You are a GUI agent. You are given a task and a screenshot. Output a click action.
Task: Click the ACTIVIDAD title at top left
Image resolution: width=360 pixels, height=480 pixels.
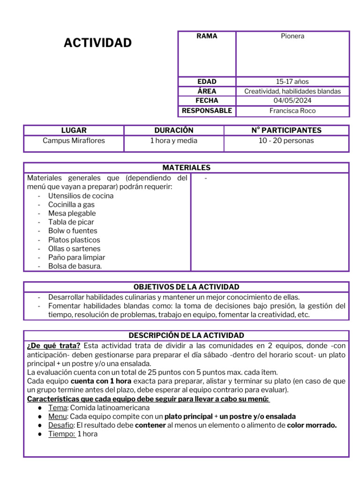[x=97, y=43]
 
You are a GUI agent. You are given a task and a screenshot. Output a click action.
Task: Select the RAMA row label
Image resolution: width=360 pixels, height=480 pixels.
[x=207, y=36]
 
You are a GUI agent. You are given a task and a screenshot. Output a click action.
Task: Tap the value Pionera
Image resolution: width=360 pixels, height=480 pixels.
[x=292, y=36]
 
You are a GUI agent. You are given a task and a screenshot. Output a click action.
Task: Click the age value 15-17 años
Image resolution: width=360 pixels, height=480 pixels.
[x=292, y=82]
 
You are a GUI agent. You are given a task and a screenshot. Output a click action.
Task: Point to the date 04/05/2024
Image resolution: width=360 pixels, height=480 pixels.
[x=292, y=101]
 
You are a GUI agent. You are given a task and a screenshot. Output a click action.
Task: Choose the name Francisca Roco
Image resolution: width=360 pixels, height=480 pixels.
[x=292, y=111]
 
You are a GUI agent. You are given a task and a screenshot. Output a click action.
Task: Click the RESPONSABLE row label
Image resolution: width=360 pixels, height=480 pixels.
[x=207, y=111]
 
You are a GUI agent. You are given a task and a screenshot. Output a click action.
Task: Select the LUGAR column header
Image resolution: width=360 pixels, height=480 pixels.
[x=74, y=130]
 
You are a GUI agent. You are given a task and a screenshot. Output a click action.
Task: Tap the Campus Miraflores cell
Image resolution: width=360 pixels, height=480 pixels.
[x=74, y=141]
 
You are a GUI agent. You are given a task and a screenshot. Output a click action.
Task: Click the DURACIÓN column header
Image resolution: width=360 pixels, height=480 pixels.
[x=173, y=130]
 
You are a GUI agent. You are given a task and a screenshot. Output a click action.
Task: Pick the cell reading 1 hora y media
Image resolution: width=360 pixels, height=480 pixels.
[x=173, y=141]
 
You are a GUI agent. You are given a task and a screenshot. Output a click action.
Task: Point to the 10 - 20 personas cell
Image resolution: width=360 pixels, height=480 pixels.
[x=286, y=141]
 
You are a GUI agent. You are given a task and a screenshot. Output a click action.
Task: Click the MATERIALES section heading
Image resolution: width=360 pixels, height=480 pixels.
[x=186, y=168]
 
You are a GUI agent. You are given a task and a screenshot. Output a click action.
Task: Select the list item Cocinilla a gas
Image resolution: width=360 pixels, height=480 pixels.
[x=71, y=205]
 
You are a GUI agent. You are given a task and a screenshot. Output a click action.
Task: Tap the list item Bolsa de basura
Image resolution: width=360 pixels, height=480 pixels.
[x=75, y=266]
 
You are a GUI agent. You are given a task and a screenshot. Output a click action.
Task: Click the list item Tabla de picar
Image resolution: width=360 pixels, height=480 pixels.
[x=71, y=222]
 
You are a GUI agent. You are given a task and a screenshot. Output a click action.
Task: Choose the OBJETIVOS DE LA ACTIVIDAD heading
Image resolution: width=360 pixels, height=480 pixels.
[x=186, y=287]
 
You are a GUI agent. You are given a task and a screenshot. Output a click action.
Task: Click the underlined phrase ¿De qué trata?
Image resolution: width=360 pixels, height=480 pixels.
[x=54, y=345]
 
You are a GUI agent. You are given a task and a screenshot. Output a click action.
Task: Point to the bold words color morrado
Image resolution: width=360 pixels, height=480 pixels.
[x=312, y=426]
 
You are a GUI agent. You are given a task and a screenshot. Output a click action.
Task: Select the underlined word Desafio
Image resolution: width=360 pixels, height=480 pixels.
[x=61, y=426]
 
